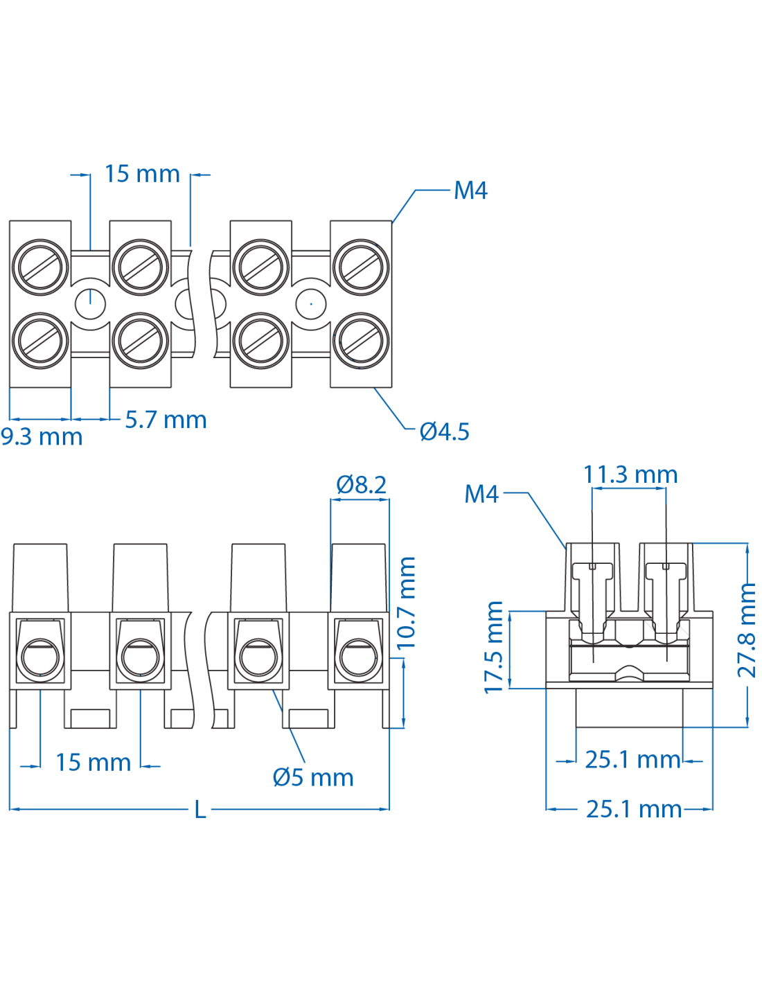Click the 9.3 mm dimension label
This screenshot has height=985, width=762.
(42, 437)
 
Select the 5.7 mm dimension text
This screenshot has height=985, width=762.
(166, 420)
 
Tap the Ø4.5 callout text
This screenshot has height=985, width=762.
(445, 432)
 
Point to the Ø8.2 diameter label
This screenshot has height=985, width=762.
(361, 485)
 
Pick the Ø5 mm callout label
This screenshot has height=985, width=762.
(313, 777)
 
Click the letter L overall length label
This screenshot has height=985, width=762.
(200, 809)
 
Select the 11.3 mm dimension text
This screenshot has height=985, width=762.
(630, 474)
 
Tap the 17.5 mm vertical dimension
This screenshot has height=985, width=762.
(494, 647)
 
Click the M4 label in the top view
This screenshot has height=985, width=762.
(470, 190)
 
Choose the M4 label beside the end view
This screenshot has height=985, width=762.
(481, 494)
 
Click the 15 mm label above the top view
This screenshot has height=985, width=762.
(142, 174)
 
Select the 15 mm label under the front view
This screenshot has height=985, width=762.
(93, 763)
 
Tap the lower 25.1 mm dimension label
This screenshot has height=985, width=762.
(634, 809)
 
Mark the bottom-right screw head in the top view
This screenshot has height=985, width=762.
(361, 341)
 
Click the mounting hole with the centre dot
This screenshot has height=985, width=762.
(311, 303)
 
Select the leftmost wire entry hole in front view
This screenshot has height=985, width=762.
(40, 656)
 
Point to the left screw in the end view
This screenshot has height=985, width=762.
(592, 596)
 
